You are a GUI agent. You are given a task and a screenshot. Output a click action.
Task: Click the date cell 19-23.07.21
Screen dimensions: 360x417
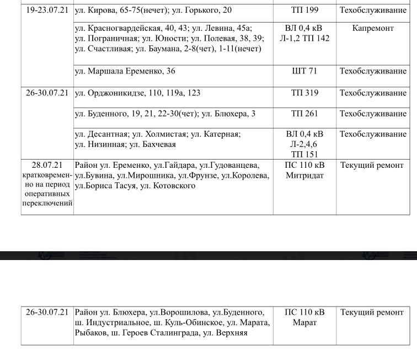47,10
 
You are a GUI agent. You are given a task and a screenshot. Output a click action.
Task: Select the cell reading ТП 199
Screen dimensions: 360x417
304,10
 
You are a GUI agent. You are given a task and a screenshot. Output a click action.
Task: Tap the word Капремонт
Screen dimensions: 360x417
373,28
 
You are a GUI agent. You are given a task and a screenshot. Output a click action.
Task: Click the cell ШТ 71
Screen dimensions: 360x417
304,71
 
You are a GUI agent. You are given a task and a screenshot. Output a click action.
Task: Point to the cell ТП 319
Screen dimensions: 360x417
304,93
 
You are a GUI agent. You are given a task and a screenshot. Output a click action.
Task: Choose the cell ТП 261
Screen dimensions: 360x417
304,114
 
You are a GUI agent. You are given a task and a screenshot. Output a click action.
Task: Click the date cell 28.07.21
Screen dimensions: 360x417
47,165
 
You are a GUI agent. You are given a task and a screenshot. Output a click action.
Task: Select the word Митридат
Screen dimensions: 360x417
304,176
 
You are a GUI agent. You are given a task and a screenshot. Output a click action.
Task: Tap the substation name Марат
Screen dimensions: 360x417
304,322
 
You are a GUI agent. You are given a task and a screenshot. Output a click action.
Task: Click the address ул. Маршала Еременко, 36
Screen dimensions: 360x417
125,71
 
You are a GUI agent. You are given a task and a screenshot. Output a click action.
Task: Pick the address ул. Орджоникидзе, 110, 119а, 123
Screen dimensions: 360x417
137,93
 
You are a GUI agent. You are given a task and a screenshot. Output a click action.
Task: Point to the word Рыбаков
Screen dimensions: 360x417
91,333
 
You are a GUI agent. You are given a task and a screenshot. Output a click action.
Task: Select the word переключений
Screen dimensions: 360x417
47,204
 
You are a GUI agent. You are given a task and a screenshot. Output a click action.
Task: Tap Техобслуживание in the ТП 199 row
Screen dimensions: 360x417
373,10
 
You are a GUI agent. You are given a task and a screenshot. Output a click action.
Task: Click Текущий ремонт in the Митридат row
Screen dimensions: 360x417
372,165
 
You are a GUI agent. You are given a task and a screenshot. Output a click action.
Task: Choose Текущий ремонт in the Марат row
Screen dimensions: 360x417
372,312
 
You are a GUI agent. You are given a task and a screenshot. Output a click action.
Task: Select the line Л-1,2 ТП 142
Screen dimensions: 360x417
304,38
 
